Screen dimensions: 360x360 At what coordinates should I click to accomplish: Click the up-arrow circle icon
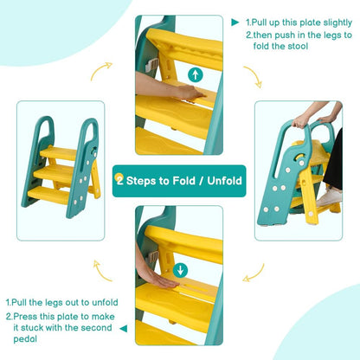click(196, 74)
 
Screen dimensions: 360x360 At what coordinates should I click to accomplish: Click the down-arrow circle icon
click(180, 270)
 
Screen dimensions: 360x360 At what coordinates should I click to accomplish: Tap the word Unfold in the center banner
click(224, 181)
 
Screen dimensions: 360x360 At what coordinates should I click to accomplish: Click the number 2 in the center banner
click(119, 181)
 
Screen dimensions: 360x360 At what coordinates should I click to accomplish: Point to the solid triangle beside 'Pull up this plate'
click(235, 22)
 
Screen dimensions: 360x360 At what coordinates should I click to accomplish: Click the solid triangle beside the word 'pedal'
click(124, 328)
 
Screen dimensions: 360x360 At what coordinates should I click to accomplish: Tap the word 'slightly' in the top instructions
click(337, 22)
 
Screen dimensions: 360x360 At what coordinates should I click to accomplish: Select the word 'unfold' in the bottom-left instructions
click(105, 302)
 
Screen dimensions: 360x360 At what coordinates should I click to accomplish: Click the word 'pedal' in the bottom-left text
click(25, 339)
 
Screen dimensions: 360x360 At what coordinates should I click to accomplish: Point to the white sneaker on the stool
click(329, 197)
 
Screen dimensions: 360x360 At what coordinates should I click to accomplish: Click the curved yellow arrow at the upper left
click(101, 71)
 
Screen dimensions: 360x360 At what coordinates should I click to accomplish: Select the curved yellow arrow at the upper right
click(254, 76)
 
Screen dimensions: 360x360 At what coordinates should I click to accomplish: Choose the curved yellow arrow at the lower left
click(102, 271)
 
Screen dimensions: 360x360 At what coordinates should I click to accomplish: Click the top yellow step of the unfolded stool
click(59, 153)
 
